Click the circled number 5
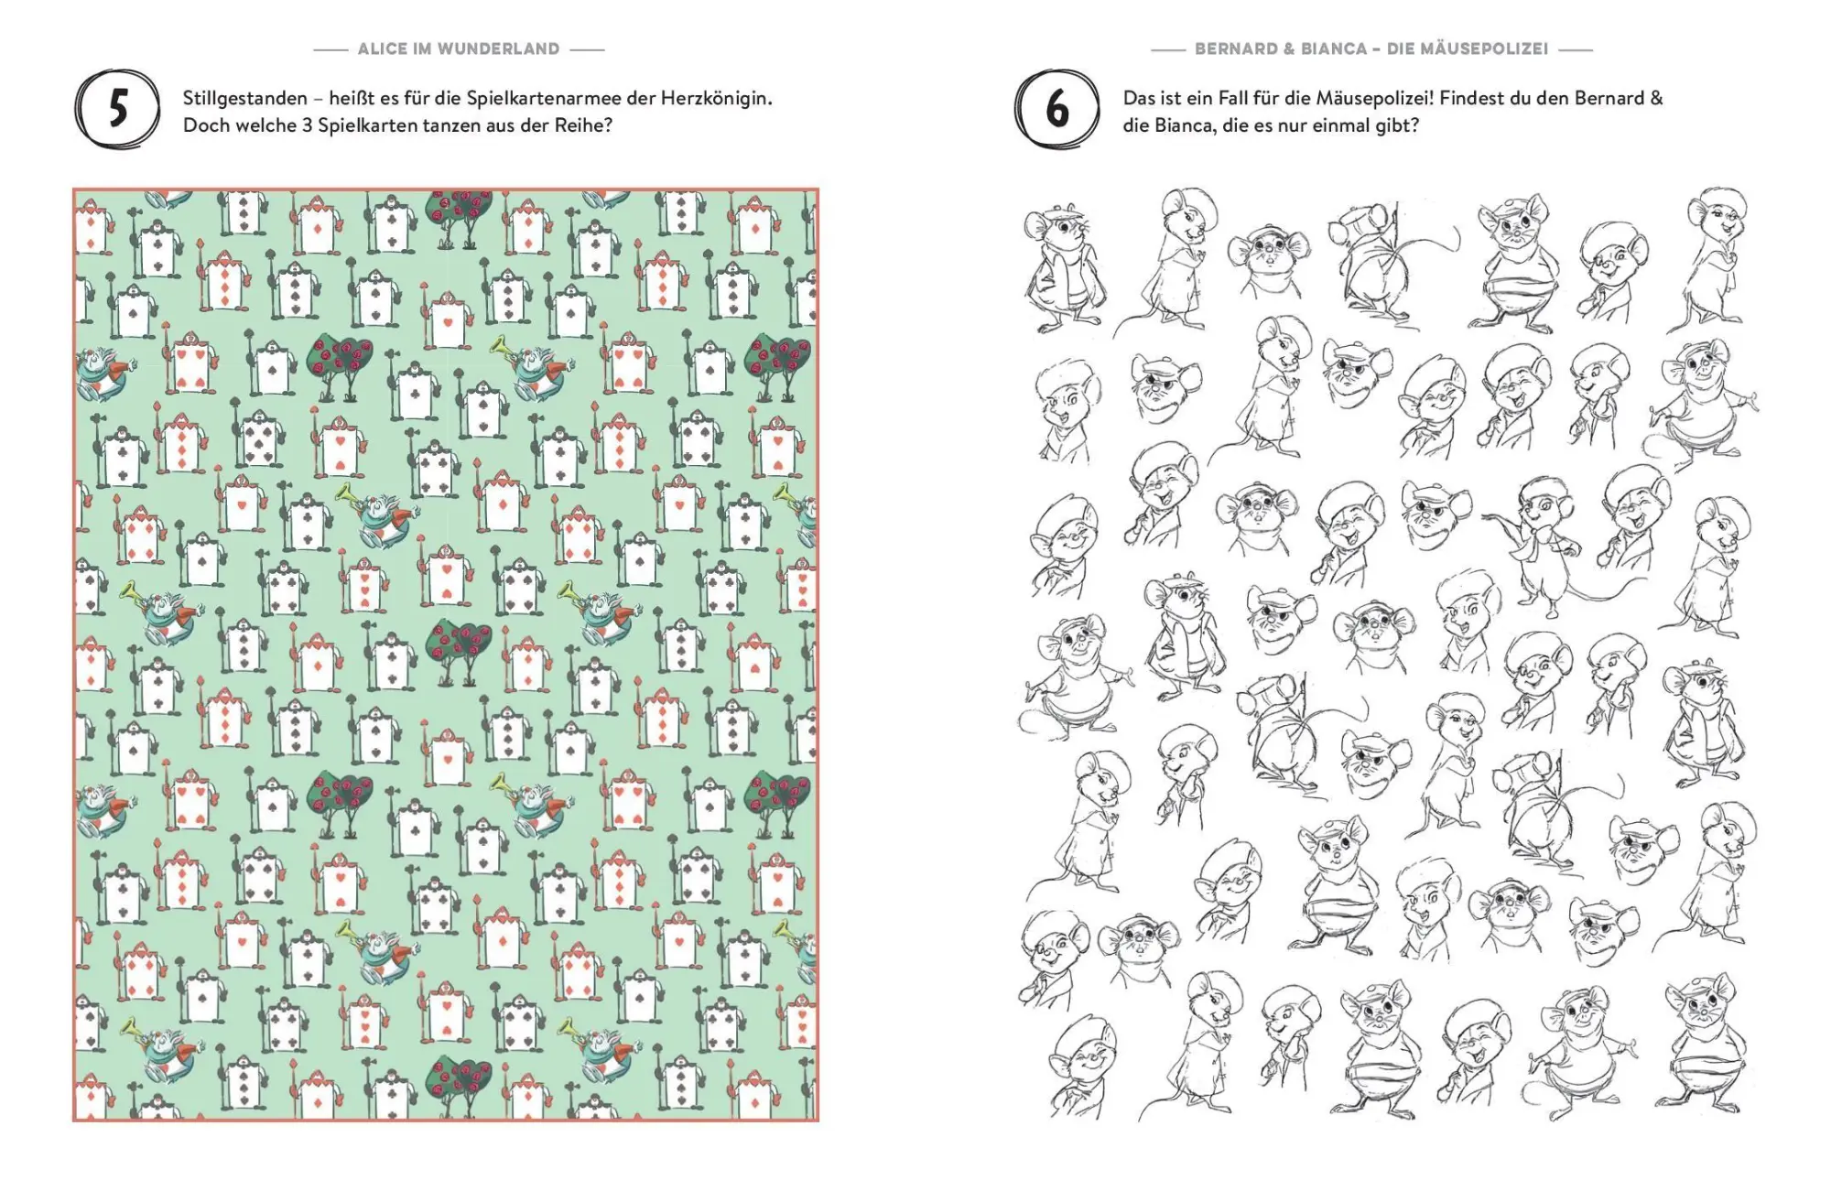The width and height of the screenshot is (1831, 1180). (117, 111)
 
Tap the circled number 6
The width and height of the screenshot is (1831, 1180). (1057, 111)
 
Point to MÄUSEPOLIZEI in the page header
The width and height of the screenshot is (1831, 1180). (1467, 49)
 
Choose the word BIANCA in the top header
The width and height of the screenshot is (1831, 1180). (1333, 49)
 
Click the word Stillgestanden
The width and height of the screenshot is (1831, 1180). (245, 99)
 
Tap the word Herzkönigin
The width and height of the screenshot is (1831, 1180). (716, 99)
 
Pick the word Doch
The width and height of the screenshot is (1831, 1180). (203, 125)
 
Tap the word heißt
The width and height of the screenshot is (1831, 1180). (352, 99)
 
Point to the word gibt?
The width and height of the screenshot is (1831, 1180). (1397, 125)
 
